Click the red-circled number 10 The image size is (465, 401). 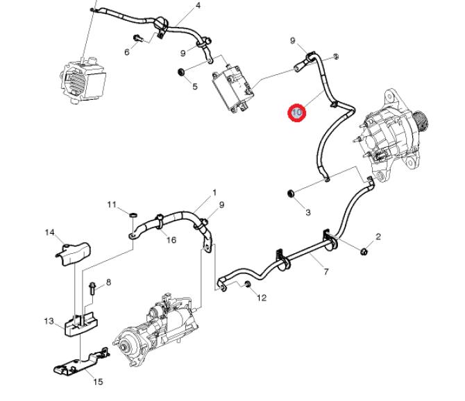pos(298,112)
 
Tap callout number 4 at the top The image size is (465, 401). pos(198,6)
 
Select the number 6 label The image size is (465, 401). pos(127,52)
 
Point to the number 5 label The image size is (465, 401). pos(195,87)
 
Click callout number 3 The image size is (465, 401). pos(307,212)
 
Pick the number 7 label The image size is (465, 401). pos(326,273)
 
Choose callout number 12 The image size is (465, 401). pos(262,298)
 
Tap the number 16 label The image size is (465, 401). pos(171,240)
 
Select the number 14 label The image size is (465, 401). pos(49,232)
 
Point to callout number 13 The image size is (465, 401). pos(49,321)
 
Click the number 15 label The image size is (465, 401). pos(98,382)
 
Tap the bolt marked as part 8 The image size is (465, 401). pos(92,286)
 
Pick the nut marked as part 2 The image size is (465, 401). pos(364,250)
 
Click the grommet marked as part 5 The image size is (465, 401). pos(183,71)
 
